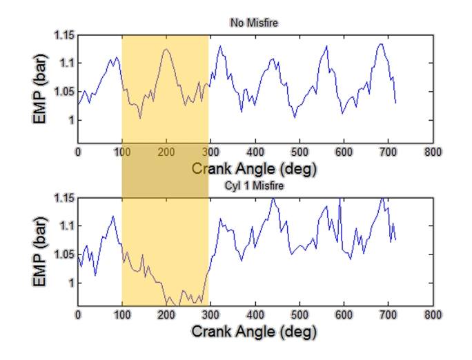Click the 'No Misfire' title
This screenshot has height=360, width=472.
[x=254, y=23]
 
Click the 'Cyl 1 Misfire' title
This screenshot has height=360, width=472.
[x=254, y=186]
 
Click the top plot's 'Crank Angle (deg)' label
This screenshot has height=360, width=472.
[x=254, y=168]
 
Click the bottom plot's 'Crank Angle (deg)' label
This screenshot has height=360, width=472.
[x=254, y=331]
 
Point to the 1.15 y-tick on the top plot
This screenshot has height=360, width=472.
[x=64, y=34]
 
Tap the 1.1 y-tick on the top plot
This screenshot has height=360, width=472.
[x=67, y=63]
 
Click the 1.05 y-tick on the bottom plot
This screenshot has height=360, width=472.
[x=64, y=254]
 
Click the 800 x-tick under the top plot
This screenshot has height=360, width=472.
[x=433, y=152]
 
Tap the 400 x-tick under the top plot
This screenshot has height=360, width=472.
[x=255, y=152]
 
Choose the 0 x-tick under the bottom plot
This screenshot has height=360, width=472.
[x=78, y=315]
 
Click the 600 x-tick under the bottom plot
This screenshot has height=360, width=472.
[x=344, y=315]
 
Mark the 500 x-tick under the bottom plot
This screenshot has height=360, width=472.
[x=299, y=315]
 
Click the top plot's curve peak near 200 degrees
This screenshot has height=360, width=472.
[x=166, y=49]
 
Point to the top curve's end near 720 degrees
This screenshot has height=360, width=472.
[x=396, y=103]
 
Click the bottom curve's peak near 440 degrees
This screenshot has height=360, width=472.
[x=273, y=199]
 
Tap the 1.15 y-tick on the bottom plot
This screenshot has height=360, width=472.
[x=64, y=198]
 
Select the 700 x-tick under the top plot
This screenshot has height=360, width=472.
[x=389, y=152]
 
